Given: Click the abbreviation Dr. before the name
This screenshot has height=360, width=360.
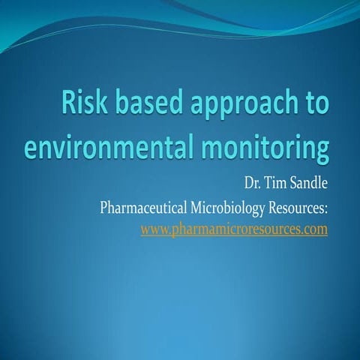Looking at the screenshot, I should coord(251,182).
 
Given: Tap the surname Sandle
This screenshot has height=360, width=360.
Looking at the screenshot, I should coord(308,182).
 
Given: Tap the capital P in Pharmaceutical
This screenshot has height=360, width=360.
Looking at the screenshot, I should coord(103,206).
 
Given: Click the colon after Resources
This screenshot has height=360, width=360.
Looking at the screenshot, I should coord(326,208).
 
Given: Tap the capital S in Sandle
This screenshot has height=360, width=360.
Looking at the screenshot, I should coord(292,182).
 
